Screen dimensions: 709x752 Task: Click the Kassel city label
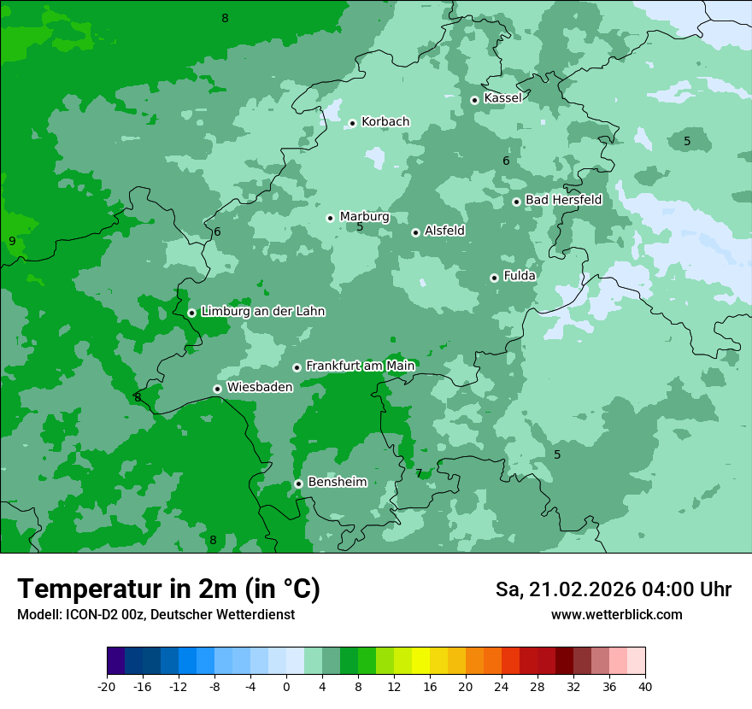pos(502,98)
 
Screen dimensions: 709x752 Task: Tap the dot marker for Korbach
pos(352,123)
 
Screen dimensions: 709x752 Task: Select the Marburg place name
pos(364,217)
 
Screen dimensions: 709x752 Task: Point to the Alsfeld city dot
pos(415,232)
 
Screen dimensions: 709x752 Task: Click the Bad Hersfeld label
pos(563,200)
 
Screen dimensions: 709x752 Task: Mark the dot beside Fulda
pos(494,278)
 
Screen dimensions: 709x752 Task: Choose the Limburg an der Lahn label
pos(262,312)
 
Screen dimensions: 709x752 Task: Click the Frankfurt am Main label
pos(360,366)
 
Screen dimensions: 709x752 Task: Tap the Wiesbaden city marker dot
pos(217,389)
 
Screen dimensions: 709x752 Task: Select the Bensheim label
pos(337,482)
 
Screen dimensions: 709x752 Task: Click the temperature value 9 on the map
pos(12,241)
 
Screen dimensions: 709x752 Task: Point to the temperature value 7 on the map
pos(419,473)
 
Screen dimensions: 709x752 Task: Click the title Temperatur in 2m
pos(168,589)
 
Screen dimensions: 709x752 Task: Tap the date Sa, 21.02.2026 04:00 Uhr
pos(613,589)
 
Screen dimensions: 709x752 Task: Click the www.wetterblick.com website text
pos(616,615)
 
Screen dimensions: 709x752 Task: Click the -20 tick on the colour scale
pos(107,686)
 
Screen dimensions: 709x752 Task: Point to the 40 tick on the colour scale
pos(644,686)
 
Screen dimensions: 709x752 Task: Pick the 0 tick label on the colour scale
pos(285,686)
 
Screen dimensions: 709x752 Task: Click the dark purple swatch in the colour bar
pos(115,661)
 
